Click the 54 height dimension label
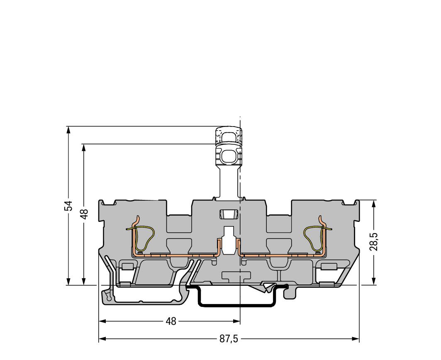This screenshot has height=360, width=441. click(68, 206)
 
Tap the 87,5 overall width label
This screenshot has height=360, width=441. click(229, 339)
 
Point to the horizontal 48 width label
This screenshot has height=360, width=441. click(171, 321)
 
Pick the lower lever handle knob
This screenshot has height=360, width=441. click(229, 155)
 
